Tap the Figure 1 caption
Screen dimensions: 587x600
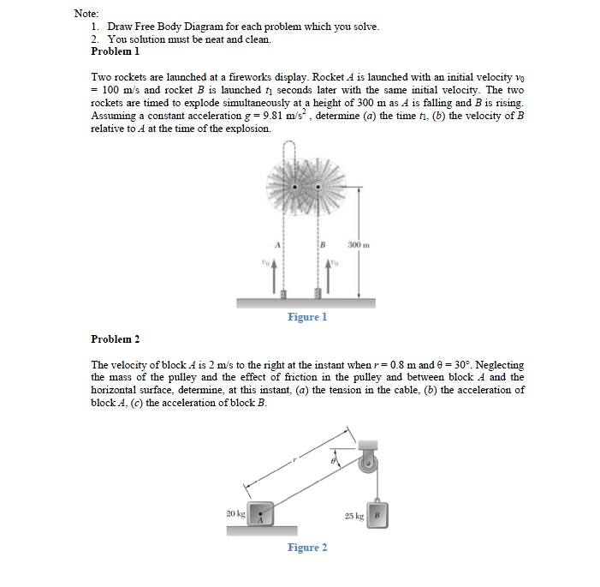coord(307,317)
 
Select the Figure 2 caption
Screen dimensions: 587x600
coord(307,548)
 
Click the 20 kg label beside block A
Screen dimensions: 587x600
coord(235,512)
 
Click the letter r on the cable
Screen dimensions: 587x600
coord(294,460)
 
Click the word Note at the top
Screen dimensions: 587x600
coord(86,14)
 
